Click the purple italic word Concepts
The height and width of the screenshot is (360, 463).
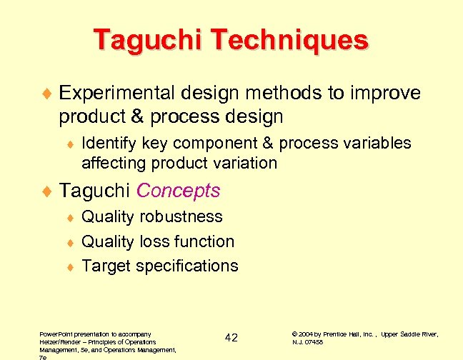178,191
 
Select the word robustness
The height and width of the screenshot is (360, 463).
181,217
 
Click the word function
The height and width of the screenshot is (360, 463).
203,241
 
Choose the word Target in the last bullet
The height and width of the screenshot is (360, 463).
105,266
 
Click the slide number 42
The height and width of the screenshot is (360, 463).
231,337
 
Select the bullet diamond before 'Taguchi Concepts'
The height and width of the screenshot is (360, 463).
48,191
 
